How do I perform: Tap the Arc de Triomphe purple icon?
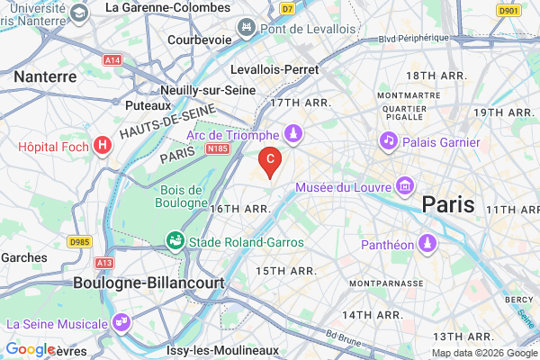coord(292,135)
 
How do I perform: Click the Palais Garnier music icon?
coord(389,140)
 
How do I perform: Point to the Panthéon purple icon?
coord(427,244)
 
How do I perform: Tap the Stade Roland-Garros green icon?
coord(173,241)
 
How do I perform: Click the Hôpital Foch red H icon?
coord(103,144)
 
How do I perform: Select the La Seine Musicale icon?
coord(121,322)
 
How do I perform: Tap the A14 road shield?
coord(112,59)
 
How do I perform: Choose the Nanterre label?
coord(45,77)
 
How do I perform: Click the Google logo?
coord(31,349)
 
